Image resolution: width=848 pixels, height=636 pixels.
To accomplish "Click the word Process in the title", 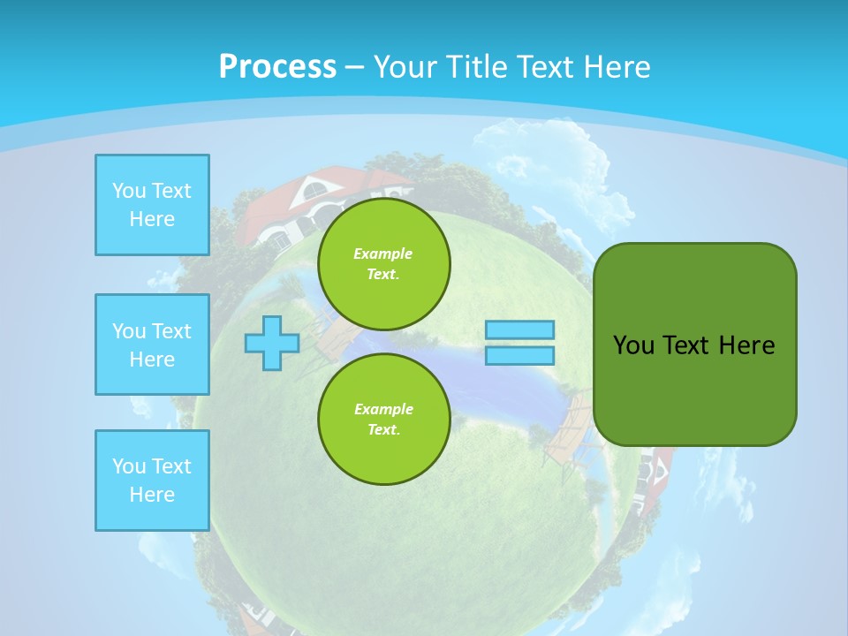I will (x=277, y=66).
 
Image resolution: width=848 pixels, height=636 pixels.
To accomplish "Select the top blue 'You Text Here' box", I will (x=152, y=204).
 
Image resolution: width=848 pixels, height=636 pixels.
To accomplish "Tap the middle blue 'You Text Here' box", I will (x=152, y=344).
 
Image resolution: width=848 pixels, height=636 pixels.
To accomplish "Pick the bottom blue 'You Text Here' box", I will (x=152, y=480).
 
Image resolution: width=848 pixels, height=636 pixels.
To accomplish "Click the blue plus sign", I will (x=272, y=343).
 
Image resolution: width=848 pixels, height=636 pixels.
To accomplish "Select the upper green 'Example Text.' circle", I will (x=383, y=263).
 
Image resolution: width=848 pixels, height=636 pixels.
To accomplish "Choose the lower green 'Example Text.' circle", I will (x=383, y=419).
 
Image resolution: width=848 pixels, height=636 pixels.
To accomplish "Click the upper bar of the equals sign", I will (x=520, y=330).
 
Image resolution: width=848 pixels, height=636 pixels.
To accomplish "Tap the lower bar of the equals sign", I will (x=520, y=355).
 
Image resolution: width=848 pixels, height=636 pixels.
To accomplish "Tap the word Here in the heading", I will (x=611, y=66).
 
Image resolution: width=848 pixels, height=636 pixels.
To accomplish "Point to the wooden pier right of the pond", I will (x=565, y=433).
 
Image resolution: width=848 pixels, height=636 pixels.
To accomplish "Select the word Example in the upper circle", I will (x=383, y=254).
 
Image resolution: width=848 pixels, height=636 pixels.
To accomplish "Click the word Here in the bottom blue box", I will (x=152, y=495).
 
